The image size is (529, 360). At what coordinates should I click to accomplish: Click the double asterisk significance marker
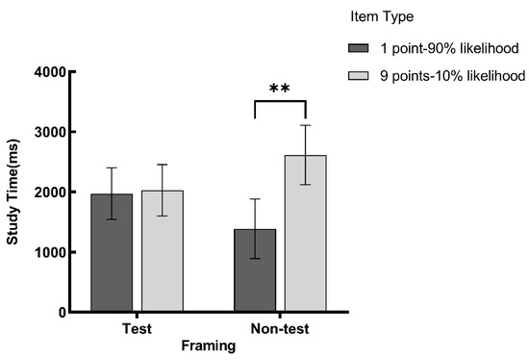(280, 90)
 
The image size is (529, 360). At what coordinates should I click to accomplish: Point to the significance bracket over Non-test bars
(280, 102)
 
